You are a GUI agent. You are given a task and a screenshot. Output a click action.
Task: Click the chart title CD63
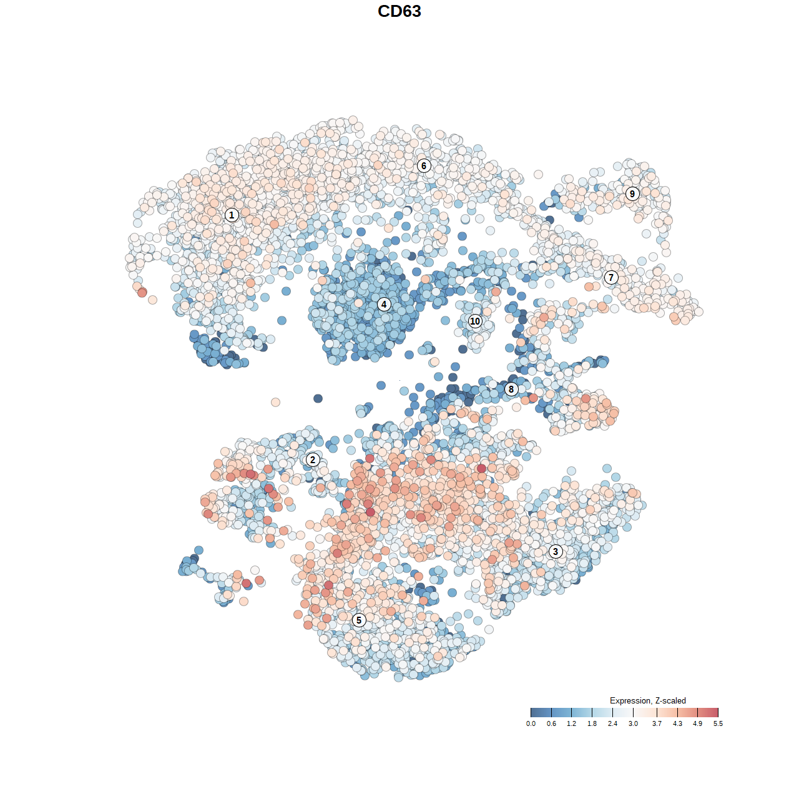(399, 11)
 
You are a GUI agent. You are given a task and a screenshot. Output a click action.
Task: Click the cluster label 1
(232, 215)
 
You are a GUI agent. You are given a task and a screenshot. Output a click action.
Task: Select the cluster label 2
(313, 460)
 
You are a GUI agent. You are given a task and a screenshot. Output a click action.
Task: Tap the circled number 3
(556, 551)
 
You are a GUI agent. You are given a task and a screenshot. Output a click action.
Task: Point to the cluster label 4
(384, 305)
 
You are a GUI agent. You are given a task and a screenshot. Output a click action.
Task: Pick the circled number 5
(359, 620)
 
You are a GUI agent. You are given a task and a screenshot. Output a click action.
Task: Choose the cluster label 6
(424, 165)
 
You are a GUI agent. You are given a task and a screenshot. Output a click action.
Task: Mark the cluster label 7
(611, 278)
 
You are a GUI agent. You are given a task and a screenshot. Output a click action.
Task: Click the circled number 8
(511, 390)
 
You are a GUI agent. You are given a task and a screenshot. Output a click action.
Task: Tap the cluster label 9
(632, 194)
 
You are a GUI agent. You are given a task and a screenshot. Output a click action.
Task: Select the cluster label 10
(475, 321)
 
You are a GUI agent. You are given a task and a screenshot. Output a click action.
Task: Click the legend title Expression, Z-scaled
(648, 700)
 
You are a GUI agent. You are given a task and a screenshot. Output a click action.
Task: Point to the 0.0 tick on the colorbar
(531, 724)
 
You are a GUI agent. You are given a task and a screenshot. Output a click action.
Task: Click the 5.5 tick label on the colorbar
(718, 724)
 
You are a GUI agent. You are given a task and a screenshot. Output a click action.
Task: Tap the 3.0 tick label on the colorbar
(633, 724)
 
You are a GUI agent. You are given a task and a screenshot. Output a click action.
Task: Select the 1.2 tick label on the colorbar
(572, 724)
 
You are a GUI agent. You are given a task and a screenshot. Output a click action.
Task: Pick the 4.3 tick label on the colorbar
(677, 724)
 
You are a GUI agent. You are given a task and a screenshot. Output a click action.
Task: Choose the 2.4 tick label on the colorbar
(613, 724)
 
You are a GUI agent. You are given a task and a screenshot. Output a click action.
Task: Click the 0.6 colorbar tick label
(551, 724)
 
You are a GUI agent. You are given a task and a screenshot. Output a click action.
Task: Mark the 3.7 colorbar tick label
(657, 724)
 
